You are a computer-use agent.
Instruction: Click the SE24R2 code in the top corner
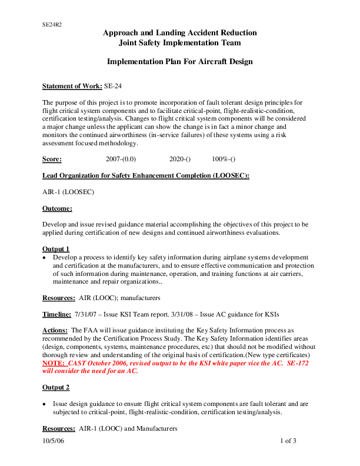click(52, 25)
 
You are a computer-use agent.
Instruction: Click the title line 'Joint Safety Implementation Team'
click(179, 43)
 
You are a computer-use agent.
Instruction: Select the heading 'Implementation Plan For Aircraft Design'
click(179, 62)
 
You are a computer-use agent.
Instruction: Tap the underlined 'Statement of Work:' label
click(72, 86)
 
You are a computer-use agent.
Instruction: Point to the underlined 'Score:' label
click(52, 159)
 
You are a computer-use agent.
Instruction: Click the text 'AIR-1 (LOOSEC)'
click(68, 192)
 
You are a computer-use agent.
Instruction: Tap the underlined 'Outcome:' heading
click(57, 208)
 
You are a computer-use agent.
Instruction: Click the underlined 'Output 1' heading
click(56, 249)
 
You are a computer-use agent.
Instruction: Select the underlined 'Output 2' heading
click(56, 388)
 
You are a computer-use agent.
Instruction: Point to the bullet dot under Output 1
click(45, 258)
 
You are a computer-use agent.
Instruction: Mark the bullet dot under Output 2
click(45, 405)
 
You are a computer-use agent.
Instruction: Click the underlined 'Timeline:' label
click(57, 315)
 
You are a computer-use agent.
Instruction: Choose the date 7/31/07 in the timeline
click(86, 315)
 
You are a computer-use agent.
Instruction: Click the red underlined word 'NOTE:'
click(54, 364)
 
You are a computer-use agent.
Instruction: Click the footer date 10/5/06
click(53, 441)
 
